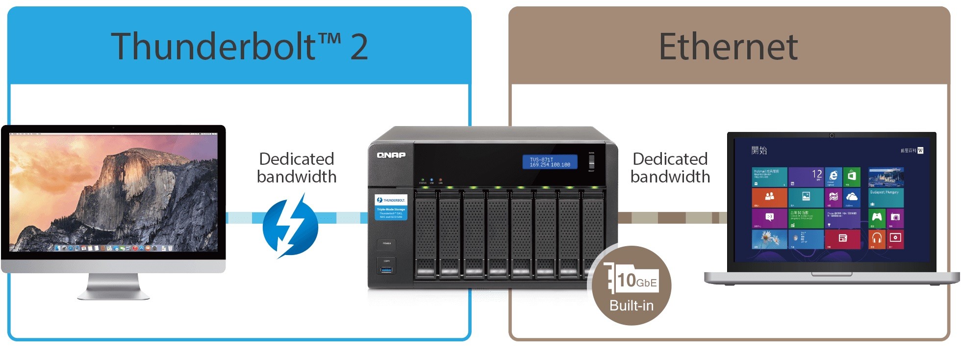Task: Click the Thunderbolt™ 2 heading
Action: coord(239,46)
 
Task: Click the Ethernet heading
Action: coord(728,47)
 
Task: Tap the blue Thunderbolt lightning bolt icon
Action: coord(290,226)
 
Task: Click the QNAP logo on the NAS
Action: coord(391,155)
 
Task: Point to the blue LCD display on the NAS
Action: coord(550,162)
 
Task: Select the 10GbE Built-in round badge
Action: coord(631,285)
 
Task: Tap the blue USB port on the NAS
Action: coord(387,270)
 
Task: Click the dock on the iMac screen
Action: coord(113,248)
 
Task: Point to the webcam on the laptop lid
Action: coord(832,135)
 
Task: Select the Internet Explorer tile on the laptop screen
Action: coord(833,177)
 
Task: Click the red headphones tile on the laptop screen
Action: coord(877,239)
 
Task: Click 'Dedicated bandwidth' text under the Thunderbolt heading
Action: coord(297,168)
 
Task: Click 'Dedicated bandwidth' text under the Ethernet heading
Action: coord(670,168)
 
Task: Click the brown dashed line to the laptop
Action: coord(672,217)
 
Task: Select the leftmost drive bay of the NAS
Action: coord(426,234)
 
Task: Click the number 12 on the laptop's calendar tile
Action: coord(816,174)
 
